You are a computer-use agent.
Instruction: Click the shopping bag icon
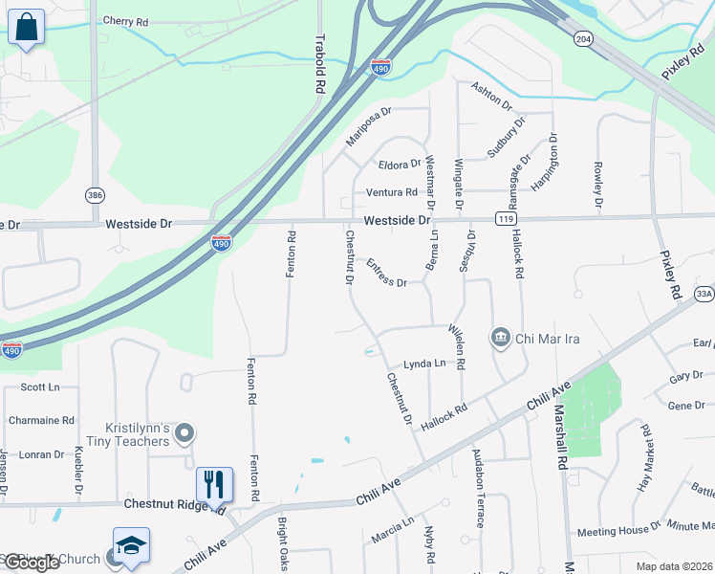tap(26, 29)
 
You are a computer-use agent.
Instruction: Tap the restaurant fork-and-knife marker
tap(214, 484)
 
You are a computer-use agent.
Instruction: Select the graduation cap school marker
tap(131, 546)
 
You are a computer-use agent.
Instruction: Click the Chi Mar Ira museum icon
tap(500, 338)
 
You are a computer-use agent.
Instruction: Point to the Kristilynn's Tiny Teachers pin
tap(185, 434)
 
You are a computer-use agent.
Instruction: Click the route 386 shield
tap(95, 194)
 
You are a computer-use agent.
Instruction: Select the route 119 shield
tap(503, 219)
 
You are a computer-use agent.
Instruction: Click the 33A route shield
tap(704, 294)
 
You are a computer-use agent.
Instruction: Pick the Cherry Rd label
tap(125, 21)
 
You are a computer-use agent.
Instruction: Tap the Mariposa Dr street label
tap(369, 127)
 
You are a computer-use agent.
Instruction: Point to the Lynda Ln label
tap(424, 364)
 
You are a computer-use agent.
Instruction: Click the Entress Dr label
tap(386, 276)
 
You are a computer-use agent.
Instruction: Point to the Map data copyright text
tap(674, 566)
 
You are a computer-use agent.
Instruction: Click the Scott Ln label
tap(40, 387)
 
